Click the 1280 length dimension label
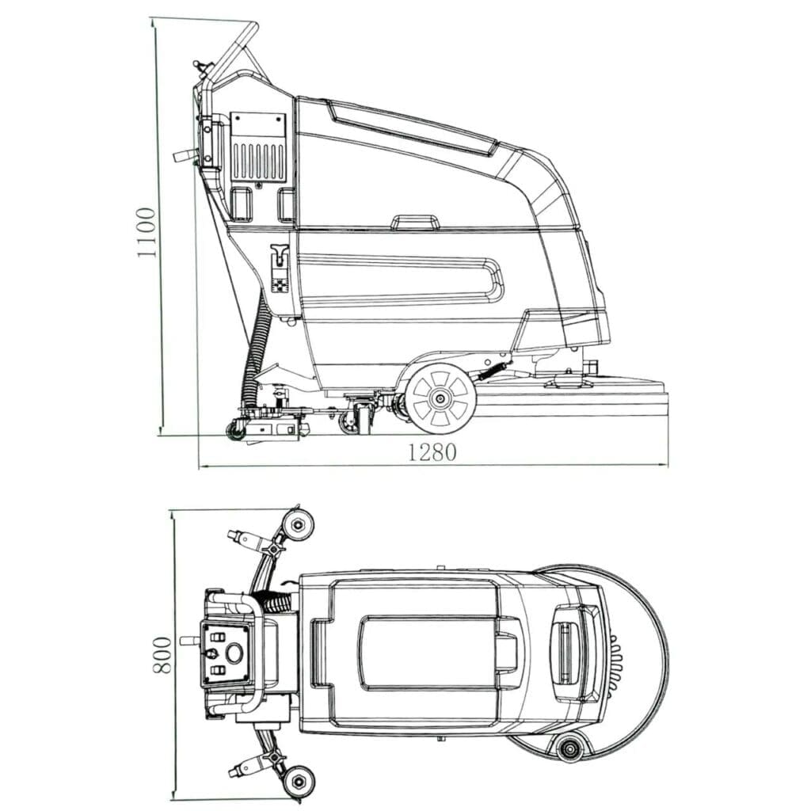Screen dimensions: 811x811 click(432, 452)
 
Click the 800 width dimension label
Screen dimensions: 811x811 click(161, 654)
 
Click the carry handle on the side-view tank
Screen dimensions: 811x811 click(415, 222)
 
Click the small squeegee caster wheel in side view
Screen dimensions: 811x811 click(235, 430)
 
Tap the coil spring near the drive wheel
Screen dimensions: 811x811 click(493, 369)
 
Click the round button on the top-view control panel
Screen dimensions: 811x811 click(234, 654)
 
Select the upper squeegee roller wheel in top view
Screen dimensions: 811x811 click(298, 524)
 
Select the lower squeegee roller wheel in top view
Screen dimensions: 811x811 click(299, 781)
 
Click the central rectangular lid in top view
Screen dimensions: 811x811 click(428, 653)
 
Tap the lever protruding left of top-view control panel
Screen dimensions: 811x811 click(189, 640)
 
